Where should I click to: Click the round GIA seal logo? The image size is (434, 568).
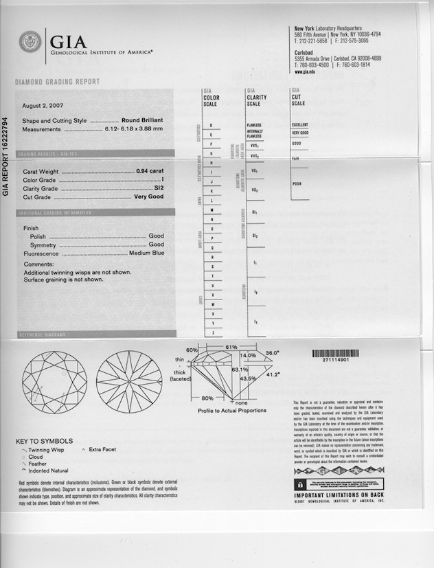coord(30,43)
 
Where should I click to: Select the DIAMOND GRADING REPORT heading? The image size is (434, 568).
coord(57,82)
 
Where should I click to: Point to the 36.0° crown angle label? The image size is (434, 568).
coord(272,353)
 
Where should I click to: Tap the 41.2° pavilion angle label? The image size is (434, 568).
coord(273,375)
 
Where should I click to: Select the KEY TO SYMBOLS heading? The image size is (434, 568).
coord(44,441)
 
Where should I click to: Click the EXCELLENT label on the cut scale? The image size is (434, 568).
coord(299,124)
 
